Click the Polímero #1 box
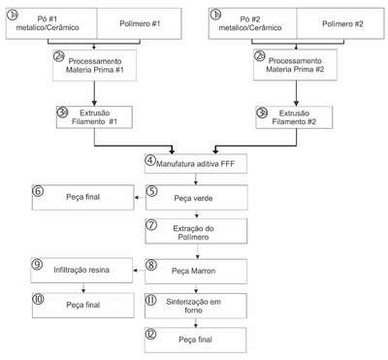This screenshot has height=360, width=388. [x=140, y=23]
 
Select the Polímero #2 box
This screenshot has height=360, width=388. [x=340, y=23]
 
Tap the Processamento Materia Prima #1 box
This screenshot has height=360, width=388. [x=95, y=65]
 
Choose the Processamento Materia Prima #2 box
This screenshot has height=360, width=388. [x=295, y=65]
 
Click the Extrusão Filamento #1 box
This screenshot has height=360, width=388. [x=94, y=117]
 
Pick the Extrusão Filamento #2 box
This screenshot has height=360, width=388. [x=294, y=117]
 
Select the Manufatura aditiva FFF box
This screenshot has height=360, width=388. [x=196, y=164]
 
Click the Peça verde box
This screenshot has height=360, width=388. [x=197, y=198]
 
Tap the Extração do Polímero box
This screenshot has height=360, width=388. [x=196, y=231]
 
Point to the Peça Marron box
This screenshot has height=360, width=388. [x=196, y=271]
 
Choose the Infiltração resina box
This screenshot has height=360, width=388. [x=81, y=270]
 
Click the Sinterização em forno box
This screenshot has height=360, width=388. [x=196, y=306]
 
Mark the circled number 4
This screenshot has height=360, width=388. [x=150, y=160]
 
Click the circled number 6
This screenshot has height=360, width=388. [x=38, y=191]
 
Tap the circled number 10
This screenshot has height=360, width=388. [x=38, y=299]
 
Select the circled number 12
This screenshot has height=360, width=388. [x=150, y=334]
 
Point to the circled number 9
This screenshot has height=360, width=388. [x=37, y=264]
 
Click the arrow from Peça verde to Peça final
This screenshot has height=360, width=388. [x=140, y=197]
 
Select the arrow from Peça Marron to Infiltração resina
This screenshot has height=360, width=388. [x=139, y=271]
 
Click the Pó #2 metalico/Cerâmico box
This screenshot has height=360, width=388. [x=252, y=23]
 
